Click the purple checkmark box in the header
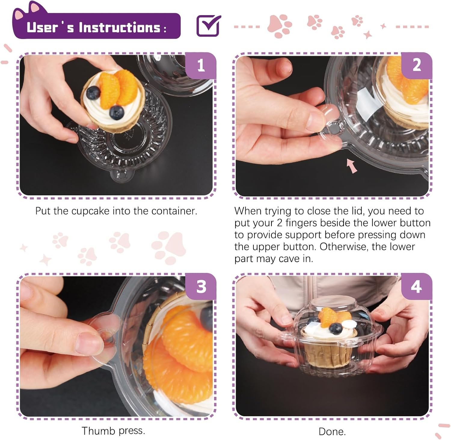pos(209,26)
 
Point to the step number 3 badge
pos(201,287)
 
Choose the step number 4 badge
pos(416,287)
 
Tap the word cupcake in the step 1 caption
pos(90,211)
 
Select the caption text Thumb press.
pos(113,431)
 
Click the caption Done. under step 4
pos(332,432)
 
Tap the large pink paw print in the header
pos(280,26)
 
